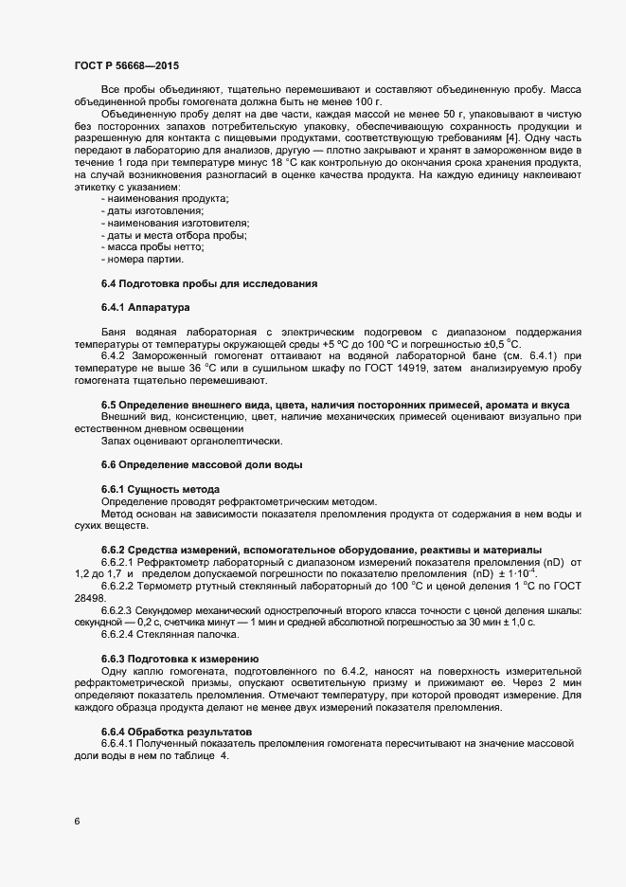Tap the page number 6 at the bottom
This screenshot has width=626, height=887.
coord(77,821)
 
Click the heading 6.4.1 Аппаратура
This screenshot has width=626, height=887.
coord(145,308)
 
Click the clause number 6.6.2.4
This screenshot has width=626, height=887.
coord(121,634)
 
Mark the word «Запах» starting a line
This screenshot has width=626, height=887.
coord(117,440)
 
